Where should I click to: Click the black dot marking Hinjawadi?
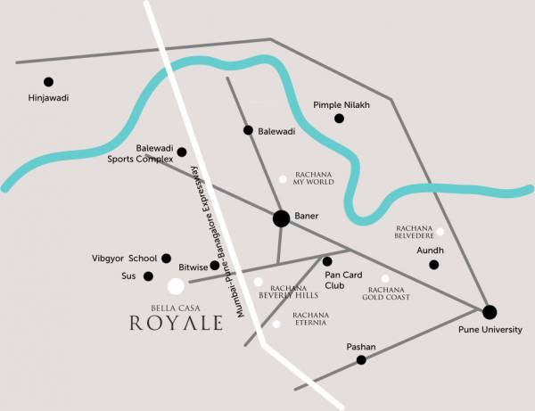pyautogui.click(x=48, y=81)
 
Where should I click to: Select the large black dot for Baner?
pyautogui.click(x=281, y=218)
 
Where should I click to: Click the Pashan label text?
pyautogui.click(x=361, y=345)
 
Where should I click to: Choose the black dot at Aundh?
pyautogui.click(x=434, y=265)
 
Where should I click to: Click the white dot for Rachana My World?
pyautogui.click(x=284, y=179)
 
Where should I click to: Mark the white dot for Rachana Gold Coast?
pyautogui.click(x=385, y=278)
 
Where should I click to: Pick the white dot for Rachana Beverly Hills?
pyautogui.click(x=259, y=282)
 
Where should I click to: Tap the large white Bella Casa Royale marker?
pyautogui.click(x=176, y=286)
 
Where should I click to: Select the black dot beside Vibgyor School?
pyautogui.click(x=166, y=259)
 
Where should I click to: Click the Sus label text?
pyautogui.click(x=129, y=276)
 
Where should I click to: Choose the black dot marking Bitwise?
pyautogui.click(x=215, y=265)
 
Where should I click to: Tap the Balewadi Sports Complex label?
pyautogui.click(x=140, y=153)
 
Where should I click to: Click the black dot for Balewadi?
pyautogui.click(x=249, y=130)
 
